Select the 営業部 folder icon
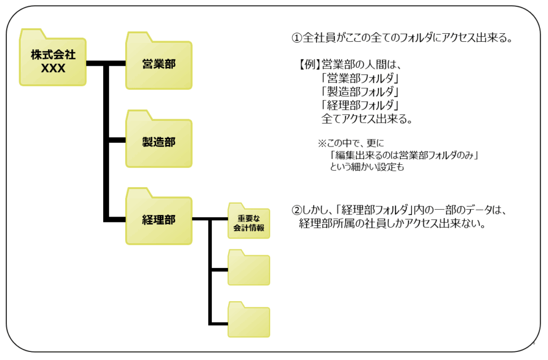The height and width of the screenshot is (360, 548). tap(158, 63)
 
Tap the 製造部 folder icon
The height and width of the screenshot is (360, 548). tap(158, 142)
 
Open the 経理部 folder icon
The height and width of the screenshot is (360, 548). tap(158, 219)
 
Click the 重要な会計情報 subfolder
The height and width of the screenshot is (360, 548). tap(249, 222)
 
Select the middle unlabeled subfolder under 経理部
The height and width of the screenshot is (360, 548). tap(249, 269)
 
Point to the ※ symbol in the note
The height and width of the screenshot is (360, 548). tap(322, 143)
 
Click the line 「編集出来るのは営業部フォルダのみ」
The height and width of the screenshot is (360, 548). tap(404, 156)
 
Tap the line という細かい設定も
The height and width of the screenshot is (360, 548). tap(370, 167)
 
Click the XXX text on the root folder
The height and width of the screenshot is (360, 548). tap(52, 68)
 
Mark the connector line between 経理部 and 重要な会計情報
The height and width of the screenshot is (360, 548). tap(210, 219)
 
